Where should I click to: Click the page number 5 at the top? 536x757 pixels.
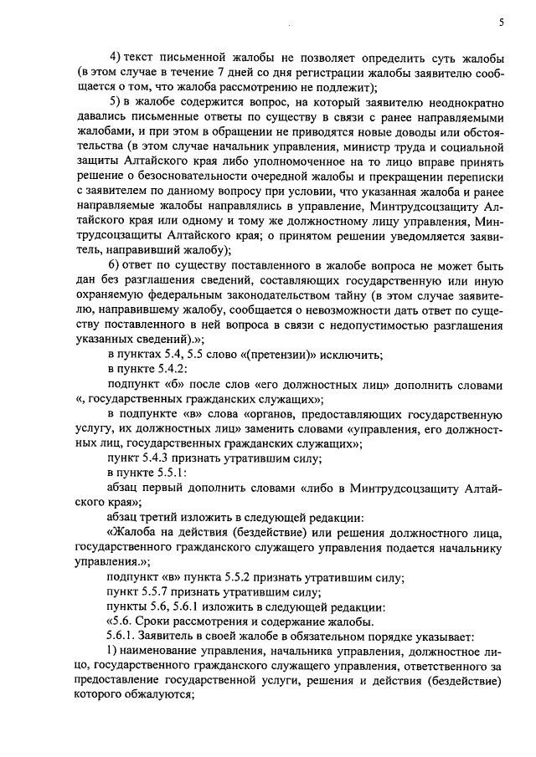500,23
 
